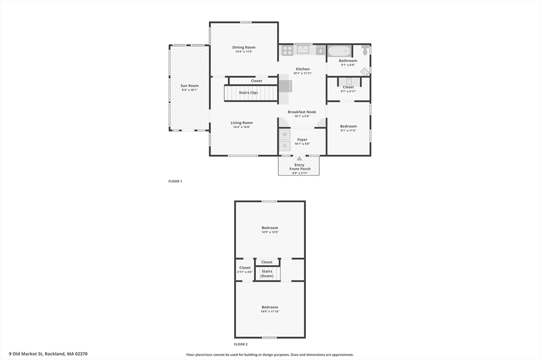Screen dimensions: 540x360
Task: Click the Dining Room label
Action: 244,47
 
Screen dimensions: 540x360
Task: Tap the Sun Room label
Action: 190,86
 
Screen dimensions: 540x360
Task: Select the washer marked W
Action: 285,134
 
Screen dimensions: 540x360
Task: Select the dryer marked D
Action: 285,145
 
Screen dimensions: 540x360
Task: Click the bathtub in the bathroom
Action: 339,51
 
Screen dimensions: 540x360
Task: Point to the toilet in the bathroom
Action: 365,51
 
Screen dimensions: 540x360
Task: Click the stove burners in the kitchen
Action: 287,51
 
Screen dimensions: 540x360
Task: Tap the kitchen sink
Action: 303,50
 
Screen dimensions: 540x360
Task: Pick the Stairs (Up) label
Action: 248,93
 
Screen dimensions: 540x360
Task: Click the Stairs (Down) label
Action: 267,274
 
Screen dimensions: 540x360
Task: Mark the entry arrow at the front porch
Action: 300,158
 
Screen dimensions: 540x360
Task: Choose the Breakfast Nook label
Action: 302,112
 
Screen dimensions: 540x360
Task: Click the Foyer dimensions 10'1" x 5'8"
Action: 302,144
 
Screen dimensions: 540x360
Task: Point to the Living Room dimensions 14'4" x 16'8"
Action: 242,127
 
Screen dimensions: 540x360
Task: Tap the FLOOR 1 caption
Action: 175,181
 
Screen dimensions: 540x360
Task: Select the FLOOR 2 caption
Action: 240,344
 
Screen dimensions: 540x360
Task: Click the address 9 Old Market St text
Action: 26,354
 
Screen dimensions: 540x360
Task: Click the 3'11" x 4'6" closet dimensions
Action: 245,272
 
